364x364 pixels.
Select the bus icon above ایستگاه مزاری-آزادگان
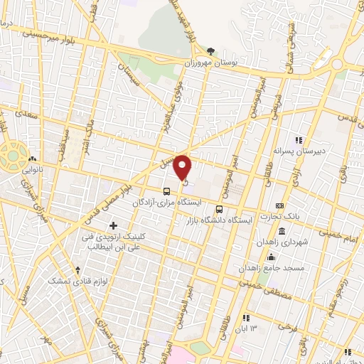[x=167, y=191]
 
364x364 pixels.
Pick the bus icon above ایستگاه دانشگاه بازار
[x=219, y=210]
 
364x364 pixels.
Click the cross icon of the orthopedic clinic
[x=113, y=225]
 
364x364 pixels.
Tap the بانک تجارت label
[x=293, y=217]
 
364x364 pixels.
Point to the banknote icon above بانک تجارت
[x=280, y=205]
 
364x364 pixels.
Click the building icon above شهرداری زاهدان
[x=282, y=231]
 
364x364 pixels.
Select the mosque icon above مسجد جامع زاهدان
[x=270, y=257]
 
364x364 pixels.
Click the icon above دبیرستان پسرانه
[x=299, y=140]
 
